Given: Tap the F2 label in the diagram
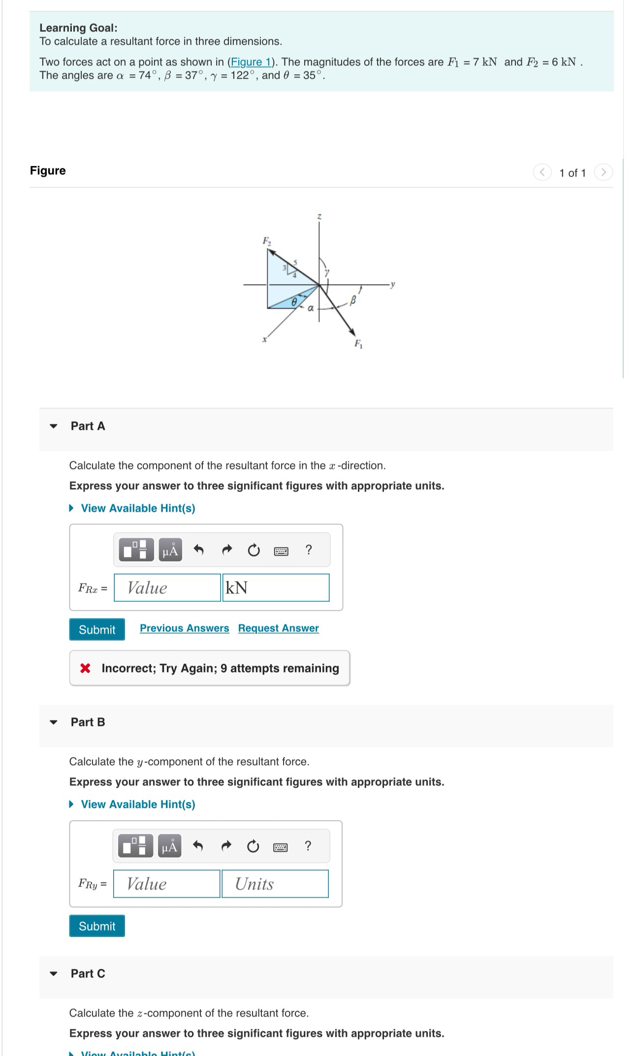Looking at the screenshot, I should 266,241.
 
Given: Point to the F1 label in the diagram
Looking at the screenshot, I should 358,344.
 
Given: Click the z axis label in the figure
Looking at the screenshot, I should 319,217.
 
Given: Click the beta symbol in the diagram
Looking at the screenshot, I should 352,300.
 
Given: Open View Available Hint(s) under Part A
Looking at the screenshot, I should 137,508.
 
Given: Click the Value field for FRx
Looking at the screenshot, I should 167,588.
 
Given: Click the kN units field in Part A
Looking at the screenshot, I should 276,588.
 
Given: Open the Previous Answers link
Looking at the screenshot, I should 184,628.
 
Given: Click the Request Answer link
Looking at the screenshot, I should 278,628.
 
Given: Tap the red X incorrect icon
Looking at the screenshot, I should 85,668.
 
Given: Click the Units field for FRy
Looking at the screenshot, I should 275,884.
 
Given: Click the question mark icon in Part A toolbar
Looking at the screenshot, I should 309,549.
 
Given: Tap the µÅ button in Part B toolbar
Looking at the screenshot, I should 169,846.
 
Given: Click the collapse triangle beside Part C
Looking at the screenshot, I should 54,973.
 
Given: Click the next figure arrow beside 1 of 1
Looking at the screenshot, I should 603,172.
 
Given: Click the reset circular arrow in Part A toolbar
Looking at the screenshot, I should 254,550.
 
